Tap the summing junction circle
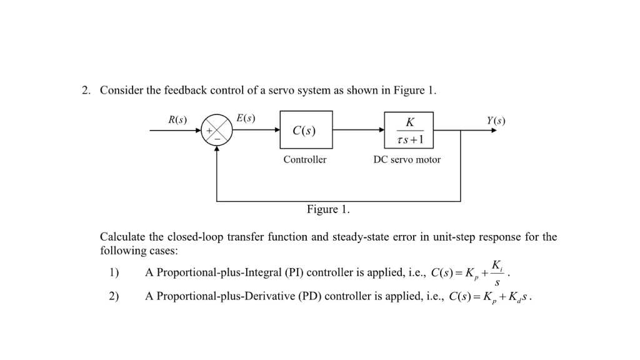[216, 131]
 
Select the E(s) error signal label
[246, 117]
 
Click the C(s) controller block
[306, 131]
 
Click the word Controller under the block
[304, 159]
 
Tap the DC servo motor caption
[407, 159]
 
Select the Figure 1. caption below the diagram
[328, 209]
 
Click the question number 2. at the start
[86, 91]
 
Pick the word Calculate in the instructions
[122, 237]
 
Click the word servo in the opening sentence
[282, 91]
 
